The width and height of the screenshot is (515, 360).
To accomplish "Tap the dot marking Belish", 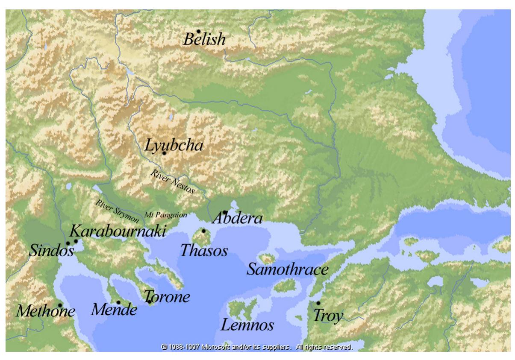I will click(199, 31).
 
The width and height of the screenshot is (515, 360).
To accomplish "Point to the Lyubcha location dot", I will click(164, 153).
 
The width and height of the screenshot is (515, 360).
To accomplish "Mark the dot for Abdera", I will click(225, 212).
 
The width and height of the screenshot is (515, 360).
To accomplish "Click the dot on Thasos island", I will click(204, 231).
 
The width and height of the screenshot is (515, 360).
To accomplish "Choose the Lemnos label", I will click(247, 326).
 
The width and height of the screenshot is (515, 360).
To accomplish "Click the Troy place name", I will click(328, 316).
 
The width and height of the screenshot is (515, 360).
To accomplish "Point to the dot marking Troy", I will click(318, 303).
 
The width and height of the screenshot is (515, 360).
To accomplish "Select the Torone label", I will click(167, 297).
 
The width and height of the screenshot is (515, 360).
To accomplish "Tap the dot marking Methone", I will click(60, 305).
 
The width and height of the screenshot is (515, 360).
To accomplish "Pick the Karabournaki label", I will click(118, 232).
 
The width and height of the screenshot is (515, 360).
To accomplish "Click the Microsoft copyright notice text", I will click(257, 346).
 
